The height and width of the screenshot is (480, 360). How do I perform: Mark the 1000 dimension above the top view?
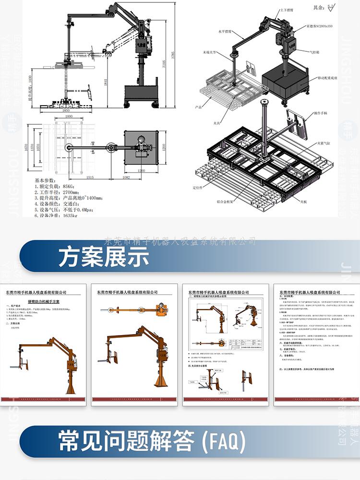pos(69,117)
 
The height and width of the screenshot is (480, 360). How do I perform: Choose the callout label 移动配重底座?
pos(328,77)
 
